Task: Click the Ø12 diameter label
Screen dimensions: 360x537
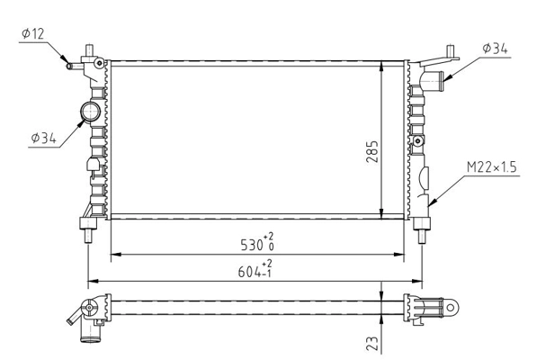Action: coord(32,34)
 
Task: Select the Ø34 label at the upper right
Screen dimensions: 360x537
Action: coord(496,48)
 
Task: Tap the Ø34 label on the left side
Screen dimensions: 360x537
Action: coord(43,138)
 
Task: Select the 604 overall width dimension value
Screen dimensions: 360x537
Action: coord(251,269)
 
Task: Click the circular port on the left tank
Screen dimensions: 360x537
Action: coord(92,112)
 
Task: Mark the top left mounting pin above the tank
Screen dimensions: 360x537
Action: coord(87,49)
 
